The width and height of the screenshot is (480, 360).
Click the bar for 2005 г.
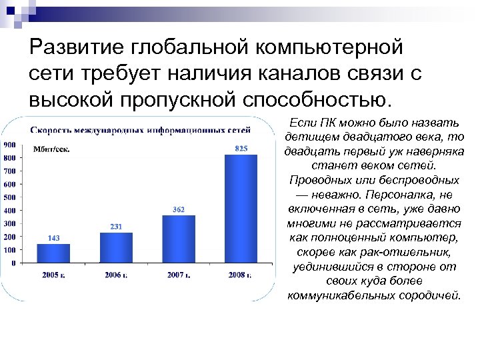tap(53, 253)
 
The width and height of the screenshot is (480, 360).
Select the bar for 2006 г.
tap(115, 247)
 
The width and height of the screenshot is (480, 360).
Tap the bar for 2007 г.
tap(179, 239)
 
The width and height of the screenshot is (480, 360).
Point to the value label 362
tap(179, 209)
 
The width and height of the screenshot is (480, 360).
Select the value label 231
tap(115, 227)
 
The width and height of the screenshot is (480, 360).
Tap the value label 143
tap(53, 238)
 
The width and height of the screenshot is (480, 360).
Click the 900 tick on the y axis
tap(10, 145)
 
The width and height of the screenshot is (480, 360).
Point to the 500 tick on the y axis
tap(10, 197)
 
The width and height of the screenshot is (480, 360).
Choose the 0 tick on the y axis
tap(14, 263)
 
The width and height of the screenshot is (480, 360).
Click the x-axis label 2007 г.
tap(179, 275)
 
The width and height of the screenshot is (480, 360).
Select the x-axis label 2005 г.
tap(53, 275)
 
